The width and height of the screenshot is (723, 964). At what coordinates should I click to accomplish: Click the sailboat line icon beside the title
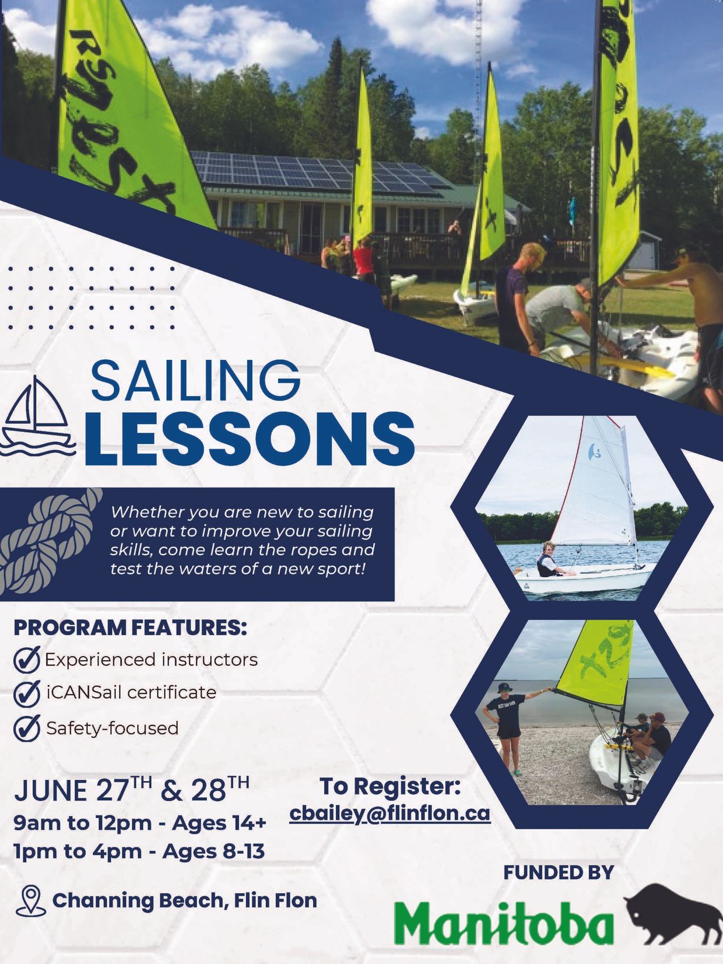click(x=38, y=417)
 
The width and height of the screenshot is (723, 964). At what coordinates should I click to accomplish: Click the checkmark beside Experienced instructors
click(x=27, y=660)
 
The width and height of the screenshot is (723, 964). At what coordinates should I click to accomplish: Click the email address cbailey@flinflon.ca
click(x=390, y=814)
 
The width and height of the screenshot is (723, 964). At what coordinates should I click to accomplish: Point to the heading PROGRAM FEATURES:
click(x=130, y=628)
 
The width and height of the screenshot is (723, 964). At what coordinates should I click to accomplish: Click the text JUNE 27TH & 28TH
click(x=132, y=789)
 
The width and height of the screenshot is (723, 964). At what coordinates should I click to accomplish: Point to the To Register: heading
click(x=390, y=786)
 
